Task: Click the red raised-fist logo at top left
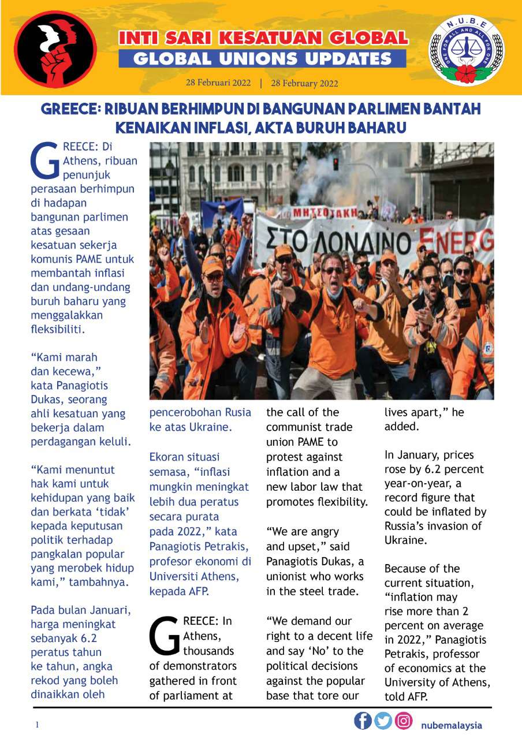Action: coord(55,49)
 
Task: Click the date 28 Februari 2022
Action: coord(218,83)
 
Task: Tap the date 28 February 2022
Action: coord(304,83)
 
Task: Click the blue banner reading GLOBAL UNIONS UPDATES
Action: coord(262,58)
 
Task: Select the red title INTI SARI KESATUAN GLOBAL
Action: coord(263,39)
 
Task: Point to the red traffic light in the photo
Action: coord(336,163)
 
